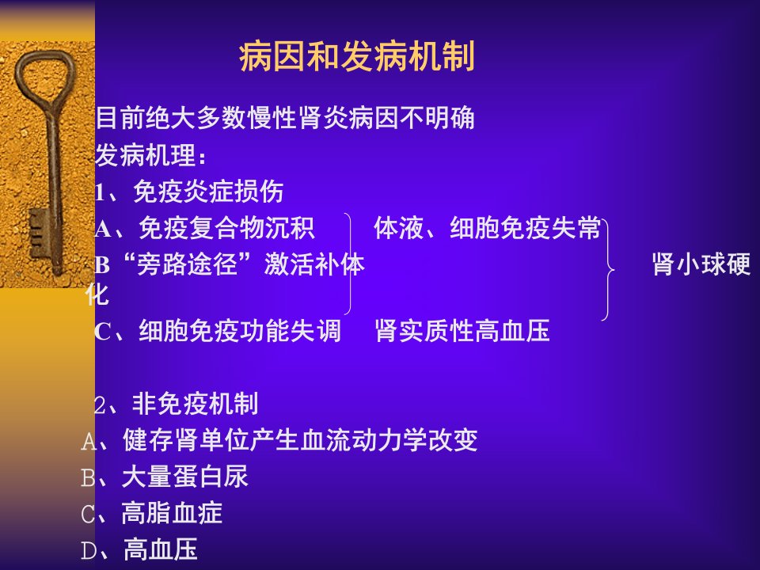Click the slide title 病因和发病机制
357,57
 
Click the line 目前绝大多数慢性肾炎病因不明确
285,118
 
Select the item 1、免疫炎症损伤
189,192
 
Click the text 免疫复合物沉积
227,228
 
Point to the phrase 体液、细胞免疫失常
488,228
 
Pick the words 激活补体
314,264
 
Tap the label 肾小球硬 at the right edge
701,264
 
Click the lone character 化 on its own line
97,294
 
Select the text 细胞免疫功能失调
240,331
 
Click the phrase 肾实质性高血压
462,331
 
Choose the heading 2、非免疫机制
177,404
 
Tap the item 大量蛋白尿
185,477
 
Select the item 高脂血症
172,513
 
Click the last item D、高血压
139,549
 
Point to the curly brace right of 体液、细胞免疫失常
608,269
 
